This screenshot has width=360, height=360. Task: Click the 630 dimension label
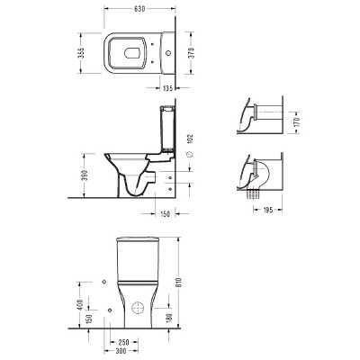click(139, 9)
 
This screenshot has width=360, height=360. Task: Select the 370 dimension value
click(193, 52)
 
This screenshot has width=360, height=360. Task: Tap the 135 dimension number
click(167, 88)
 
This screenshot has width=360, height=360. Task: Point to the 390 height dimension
click(85, 175)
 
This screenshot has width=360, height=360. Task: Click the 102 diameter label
click(191, 139)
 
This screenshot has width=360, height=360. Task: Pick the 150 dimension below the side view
click(165, 214)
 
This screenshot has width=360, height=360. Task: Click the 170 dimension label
click(297, 121)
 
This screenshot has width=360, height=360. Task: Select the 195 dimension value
click(267, 210)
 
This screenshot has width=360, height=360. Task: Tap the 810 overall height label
click(179, 283)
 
